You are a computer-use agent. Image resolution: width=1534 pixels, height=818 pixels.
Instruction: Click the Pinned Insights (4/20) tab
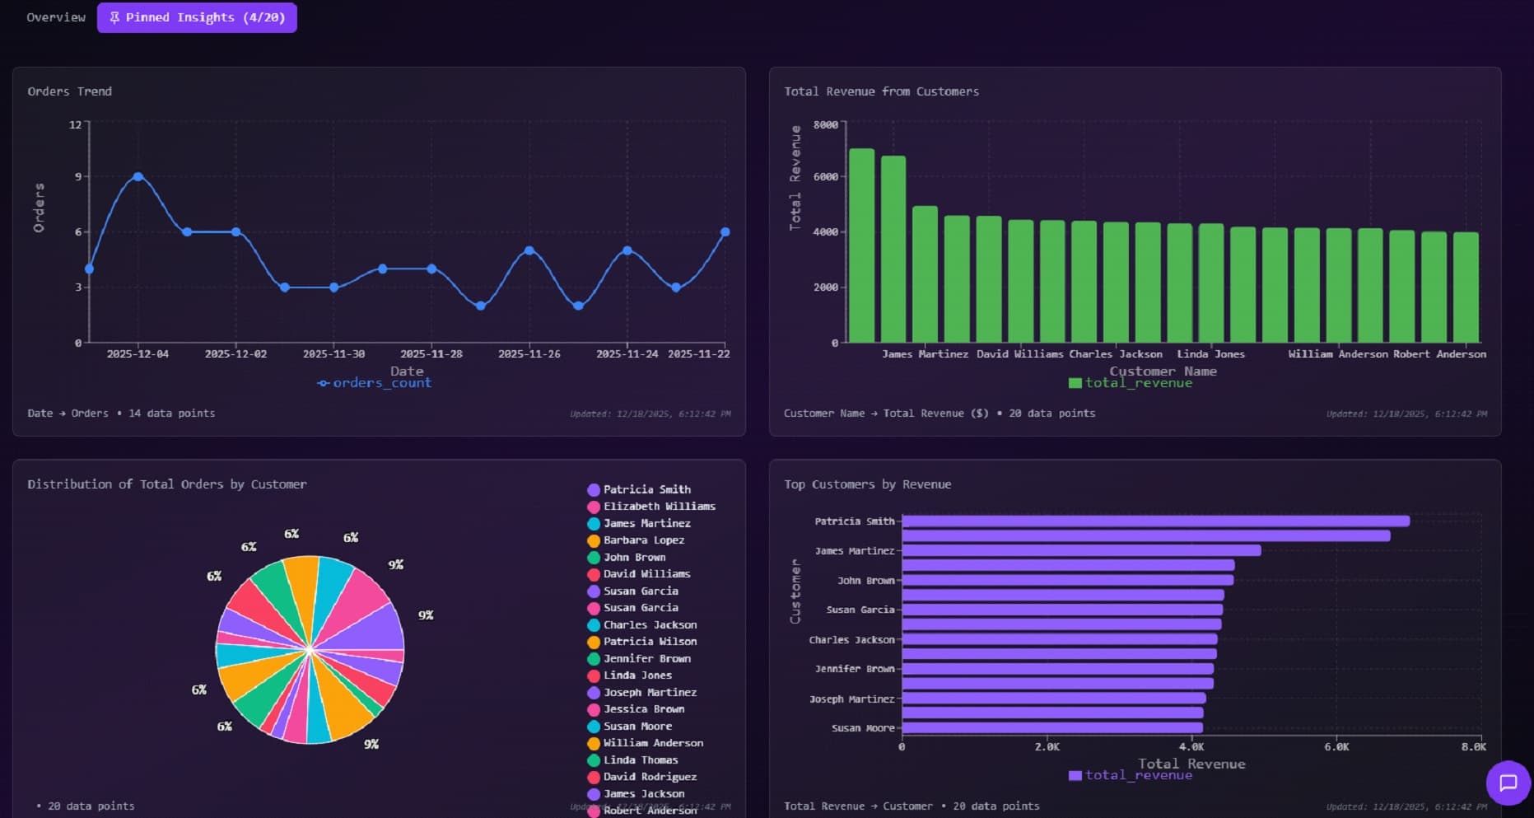point(197,17)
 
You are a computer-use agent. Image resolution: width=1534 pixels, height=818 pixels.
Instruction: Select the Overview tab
point(56,17)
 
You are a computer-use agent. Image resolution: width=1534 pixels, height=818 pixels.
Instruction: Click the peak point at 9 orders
point(138,177)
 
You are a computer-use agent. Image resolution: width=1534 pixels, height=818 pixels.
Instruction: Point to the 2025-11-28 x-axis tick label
point(431,354)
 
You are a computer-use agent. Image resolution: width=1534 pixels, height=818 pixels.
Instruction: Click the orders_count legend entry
point(375,383)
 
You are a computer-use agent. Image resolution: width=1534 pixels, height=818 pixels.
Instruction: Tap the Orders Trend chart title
point(70,91)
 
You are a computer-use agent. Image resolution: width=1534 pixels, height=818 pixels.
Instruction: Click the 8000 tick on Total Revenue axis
point(825,125)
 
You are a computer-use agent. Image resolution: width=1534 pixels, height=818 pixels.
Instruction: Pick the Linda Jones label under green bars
point(1210,354)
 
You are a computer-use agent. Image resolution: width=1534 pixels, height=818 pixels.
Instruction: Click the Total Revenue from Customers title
point(881,91)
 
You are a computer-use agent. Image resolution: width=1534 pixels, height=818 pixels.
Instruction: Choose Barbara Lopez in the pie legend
point(643,540)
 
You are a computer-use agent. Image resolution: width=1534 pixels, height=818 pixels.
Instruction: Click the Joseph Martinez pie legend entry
point(649,693)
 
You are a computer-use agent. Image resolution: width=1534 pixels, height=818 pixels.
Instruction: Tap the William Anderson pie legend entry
point(652,743)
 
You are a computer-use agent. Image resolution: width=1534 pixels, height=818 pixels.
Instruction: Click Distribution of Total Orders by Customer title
point(167,484)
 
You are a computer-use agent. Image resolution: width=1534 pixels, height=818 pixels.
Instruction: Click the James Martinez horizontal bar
point(1081,550)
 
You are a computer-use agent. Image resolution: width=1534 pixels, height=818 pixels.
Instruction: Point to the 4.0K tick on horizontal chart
point(1191,747)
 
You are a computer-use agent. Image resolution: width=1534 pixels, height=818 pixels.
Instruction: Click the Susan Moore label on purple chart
point(862,728)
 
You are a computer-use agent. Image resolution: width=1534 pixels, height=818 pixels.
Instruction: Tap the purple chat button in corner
point(1508,783)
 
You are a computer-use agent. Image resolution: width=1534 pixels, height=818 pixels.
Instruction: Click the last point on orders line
point(725,232)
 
